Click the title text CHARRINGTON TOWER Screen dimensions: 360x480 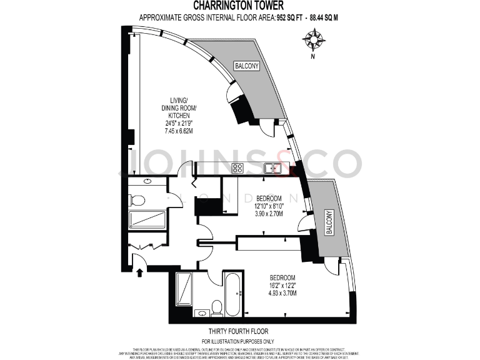click(x=240, y=7)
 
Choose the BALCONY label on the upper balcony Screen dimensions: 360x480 click(x=246, y=66)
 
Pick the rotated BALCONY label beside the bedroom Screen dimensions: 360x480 click(x=329, y=222)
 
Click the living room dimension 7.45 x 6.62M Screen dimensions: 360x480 click(x=179, y=131)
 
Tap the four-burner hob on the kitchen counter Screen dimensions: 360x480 click(x=237, y=167)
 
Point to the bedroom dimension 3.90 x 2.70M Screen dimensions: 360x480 click(x=269, y=213)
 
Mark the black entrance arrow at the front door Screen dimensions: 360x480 click(x=139, y=272)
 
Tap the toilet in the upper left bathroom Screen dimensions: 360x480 click(x=137, y=200)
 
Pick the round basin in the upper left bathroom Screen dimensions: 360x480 click(x=147, y=181)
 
